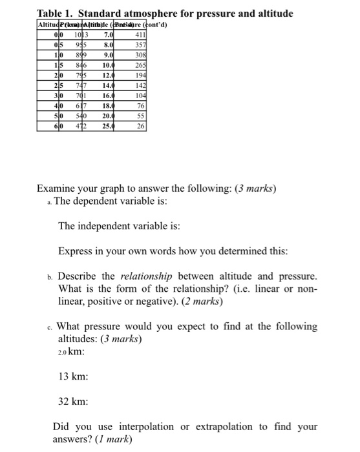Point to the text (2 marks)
(x=200, y=301)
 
